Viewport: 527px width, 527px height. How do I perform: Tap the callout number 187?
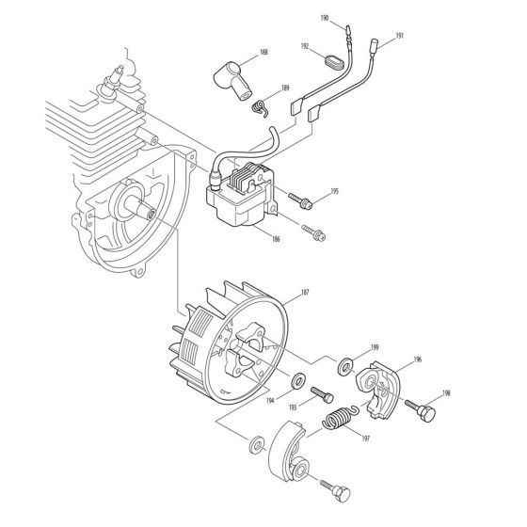304,294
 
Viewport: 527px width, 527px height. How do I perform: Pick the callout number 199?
374,347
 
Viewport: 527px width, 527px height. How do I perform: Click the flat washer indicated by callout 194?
300,380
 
